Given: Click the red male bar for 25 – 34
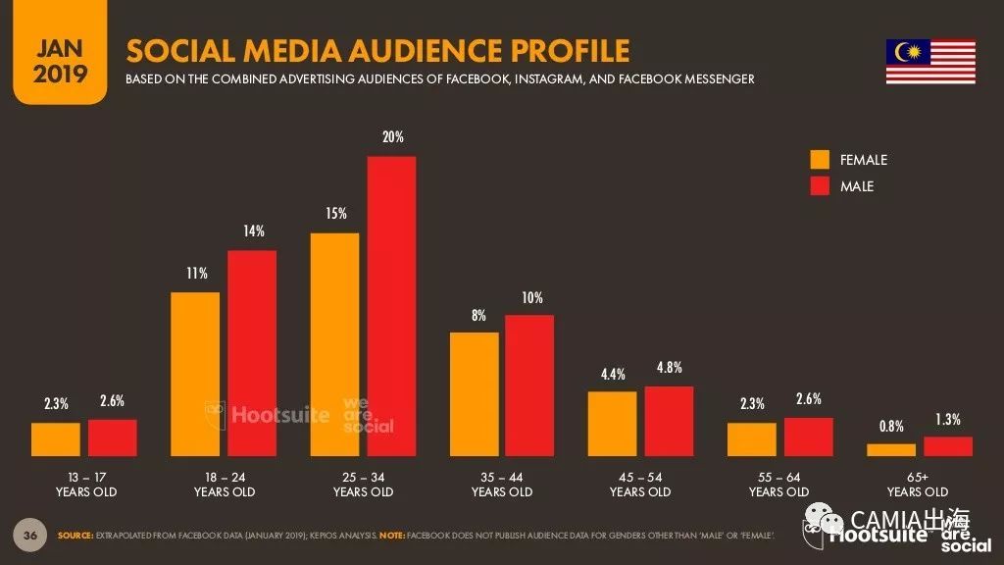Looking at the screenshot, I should point(391,306).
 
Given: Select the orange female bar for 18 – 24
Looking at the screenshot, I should point(195,374).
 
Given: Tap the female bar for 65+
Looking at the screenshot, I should point(890,449).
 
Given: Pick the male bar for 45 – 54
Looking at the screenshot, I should point(669,421).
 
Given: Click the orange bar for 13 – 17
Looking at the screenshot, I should point(56,439).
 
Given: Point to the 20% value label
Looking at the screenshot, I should point(392,137).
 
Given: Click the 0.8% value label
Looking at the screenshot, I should point(890,426).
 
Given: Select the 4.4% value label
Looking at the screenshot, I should point(612,374).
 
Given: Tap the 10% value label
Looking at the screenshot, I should point(531,297).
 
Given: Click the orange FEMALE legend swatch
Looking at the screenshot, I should point(820,160).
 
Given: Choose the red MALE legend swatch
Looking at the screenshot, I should point(820,185).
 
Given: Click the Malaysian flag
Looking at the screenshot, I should point(930,62).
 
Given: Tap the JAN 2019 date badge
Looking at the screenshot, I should point(60,61).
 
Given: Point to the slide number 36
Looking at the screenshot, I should point(30,535).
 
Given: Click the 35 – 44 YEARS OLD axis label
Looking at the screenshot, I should point(502,484).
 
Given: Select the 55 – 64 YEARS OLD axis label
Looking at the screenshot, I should point(779,484).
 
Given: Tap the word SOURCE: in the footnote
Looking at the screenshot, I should point(75,536).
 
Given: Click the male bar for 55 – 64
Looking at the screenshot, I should point(809,437).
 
